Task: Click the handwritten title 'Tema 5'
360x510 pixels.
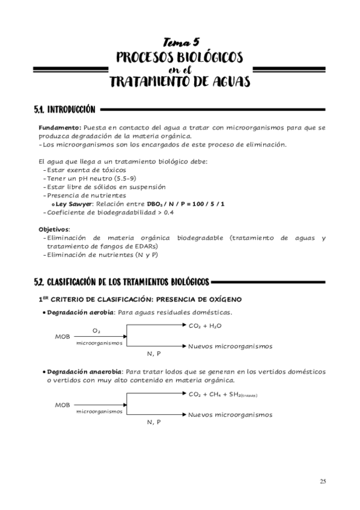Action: pyautogui.click(x=180, y=42)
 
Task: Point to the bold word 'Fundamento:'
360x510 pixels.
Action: pyautogui.click(x=59, y=127)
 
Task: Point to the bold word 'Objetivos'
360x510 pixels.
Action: pyautogui.click(x=53, y=229)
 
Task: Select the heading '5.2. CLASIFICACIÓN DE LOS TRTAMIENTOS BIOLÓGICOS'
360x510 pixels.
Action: pyautogui.click(x=121, y=281)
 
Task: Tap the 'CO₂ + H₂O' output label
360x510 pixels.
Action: pyautogui.click(x=205, y=325)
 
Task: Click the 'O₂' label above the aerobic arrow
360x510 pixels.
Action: pyautogui.click(x=96, y=330)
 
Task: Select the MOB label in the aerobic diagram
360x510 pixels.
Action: pyautogui.click(x=62, y=337)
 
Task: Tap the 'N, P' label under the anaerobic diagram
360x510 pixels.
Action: pyautogui.click(x=154, y=422)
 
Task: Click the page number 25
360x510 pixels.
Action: pyautogui.click(x=323, y=481)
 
